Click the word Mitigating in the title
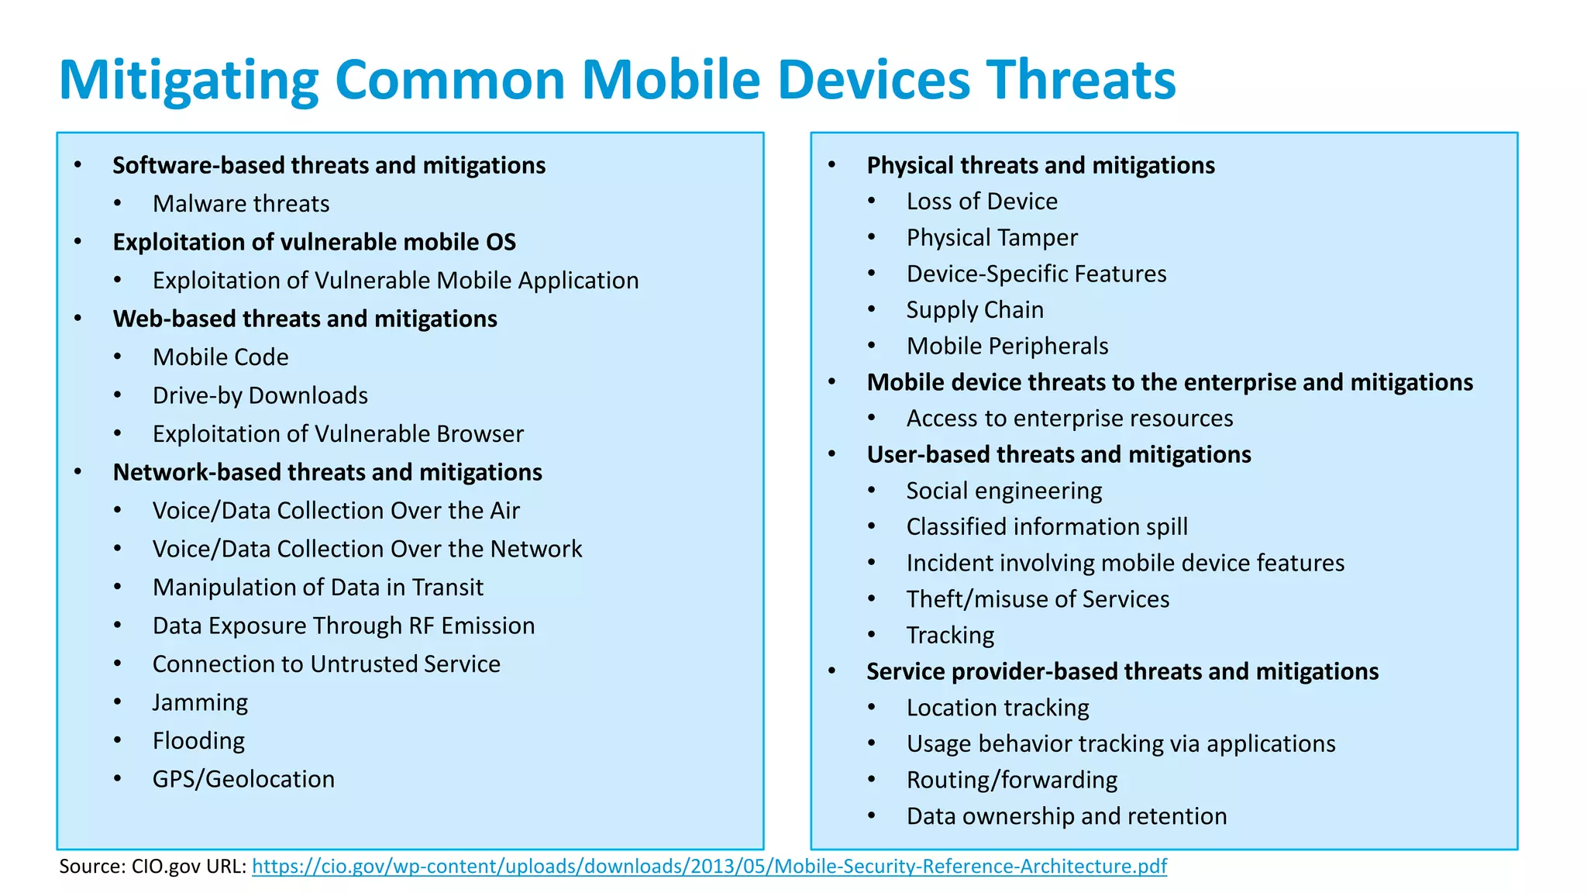(188, 81)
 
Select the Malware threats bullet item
(241, 204)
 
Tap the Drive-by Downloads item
(260, 396)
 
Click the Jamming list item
(200, 703)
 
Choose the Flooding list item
(198, 741)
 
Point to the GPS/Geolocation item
(243, 779)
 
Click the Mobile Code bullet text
(220, 357)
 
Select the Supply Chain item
(975, 310)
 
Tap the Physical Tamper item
(992, 238)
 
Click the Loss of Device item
(982, 202)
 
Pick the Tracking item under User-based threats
(950, 636)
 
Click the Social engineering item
(1003, 491)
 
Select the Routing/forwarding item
(1011, 780)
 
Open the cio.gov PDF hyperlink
(709, 867)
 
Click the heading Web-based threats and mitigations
(305, 319)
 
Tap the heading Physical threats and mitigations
(1040, 166)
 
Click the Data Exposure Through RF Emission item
(343, 626)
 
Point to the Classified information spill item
(1046, 527)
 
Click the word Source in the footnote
(89, 867)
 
